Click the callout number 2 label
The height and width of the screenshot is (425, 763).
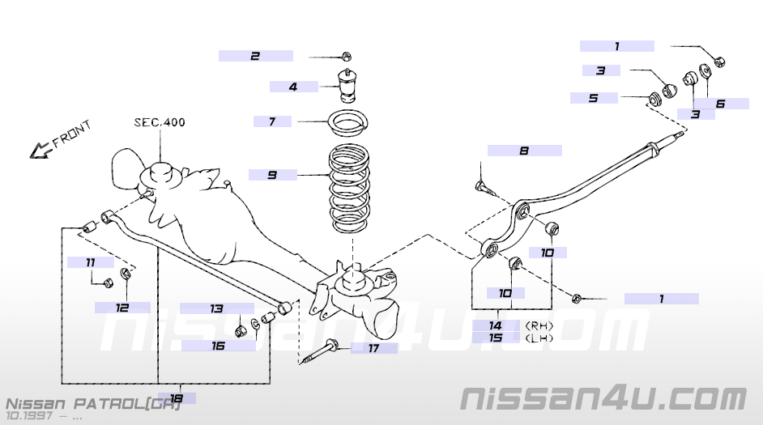(255, 56)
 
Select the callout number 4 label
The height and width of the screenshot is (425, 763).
(293, 87)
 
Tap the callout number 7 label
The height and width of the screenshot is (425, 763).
(272, 121)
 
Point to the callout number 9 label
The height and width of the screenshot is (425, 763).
(272, 175)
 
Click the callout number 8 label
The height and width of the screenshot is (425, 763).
(525, 151)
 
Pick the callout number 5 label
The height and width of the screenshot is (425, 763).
(594, 98)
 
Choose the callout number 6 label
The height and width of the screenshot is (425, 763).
(721, 104)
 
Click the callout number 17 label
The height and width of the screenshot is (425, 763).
(373, 348)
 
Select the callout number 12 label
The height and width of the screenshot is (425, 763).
(122, 308)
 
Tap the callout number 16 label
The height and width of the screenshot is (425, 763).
(218, 346)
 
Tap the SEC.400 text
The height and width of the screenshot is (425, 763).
(160, 121)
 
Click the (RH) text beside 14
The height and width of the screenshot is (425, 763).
(539, 325)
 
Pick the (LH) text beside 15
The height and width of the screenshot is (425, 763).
(539, 338)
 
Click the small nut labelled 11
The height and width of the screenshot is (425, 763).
(109, 282)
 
